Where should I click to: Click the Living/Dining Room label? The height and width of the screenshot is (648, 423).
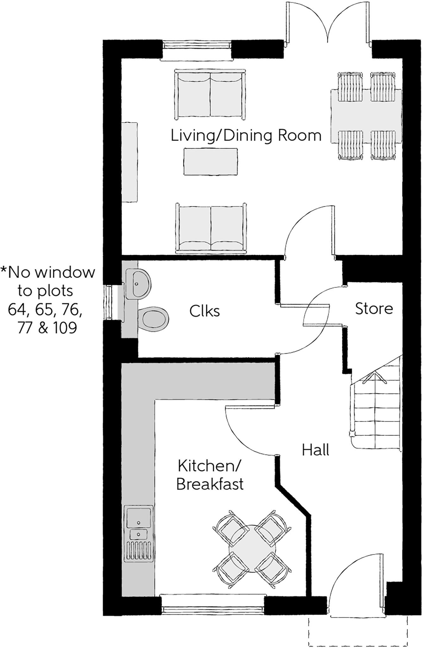246,136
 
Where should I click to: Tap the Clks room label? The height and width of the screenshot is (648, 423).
204,311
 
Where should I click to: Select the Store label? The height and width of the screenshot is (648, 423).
374,308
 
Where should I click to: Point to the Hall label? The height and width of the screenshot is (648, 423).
315,450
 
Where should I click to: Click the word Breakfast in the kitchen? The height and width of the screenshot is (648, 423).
210,484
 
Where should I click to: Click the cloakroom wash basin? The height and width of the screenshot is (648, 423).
137,283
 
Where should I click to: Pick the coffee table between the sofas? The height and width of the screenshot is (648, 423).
211,161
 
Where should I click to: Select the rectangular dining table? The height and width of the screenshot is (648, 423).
366,116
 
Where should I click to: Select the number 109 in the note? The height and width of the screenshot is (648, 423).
65,328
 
